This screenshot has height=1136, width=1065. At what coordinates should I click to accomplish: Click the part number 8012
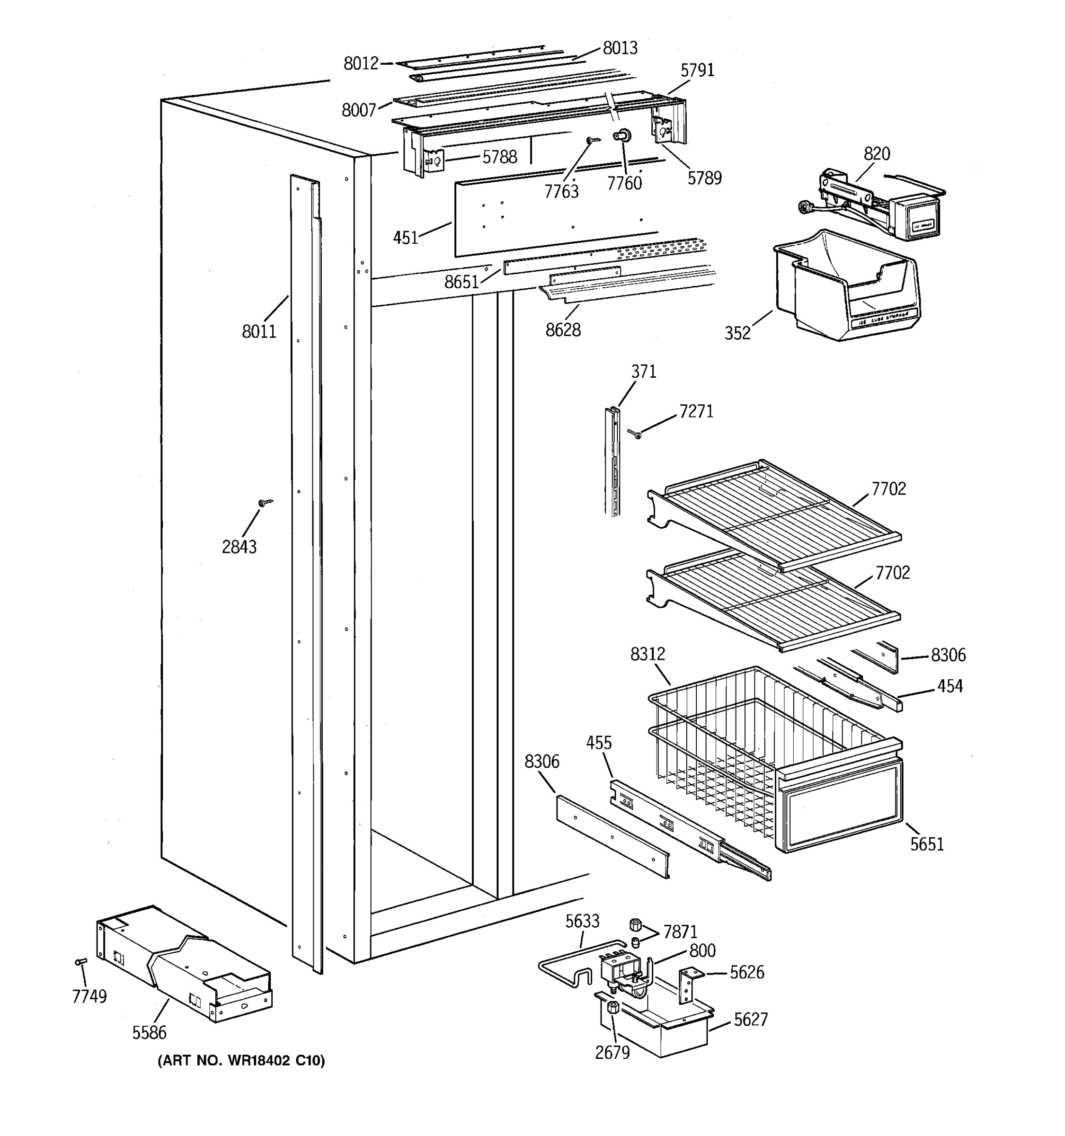[361, 63]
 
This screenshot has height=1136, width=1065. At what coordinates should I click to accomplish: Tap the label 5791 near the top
[697, 70]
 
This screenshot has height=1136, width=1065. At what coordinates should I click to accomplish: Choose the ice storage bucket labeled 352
[845, 286]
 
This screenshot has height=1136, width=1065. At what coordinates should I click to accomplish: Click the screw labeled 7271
[634, 434]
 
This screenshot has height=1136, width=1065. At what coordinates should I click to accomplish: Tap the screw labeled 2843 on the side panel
[265, 502]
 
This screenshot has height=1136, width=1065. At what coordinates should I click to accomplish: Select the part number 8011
[259, 331]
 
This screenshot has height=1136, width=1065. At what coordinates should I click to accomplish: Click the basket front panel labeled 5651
[840, 806]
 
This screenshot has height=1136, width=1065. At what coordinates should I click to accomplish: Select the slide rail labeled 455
[685, 829]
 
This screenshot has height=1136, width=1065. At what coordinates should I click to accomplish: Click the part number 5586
[149, 1032]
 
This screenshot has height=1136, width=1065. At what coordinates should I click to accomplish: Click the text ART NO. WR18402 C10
[240, 1061]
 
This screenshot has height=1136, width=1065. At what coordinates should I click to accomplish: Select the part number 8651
[461, 282]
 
